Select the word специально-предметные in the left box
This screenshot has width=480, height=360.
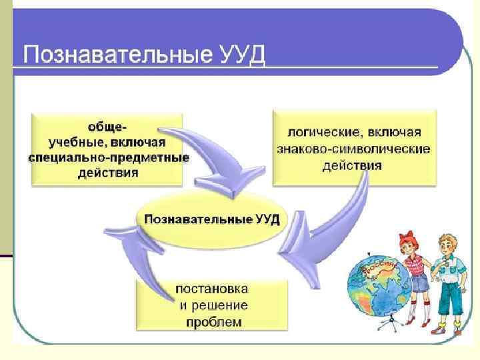pos(109,158)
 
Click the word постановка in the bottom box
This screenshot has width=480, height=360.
pos(213,290)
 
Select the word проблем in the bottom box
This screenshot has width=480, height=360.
pos(213,323)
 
